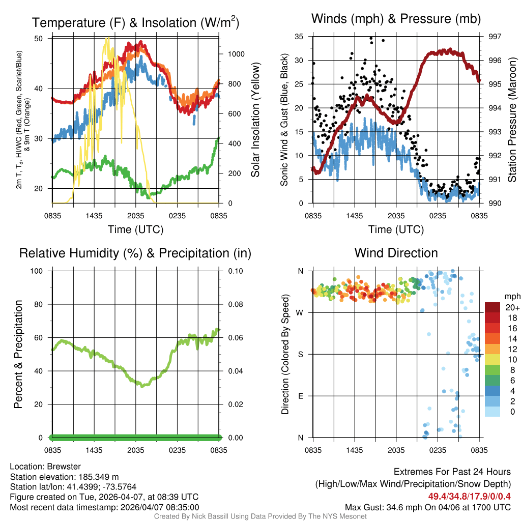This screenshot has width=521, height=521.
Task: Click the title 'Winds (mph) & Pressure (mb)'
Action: [396, 19]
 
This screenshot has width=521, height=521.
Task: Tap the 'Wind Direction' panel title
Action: [396, 252]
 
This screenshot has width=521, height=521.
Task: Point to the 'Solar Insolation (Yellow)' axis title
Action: [255, 120]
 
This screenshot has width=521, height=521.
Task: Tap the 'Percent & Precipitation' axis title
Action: [18, 354]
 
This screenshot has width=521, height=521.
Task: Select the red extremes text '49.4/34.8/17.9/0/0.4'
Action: [469, 497]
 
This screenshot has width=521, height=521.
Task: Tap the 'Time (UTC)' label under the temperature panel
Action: [136, 229]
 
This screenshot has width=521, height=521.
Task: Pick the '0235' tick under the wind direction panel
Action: [438, 450]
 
